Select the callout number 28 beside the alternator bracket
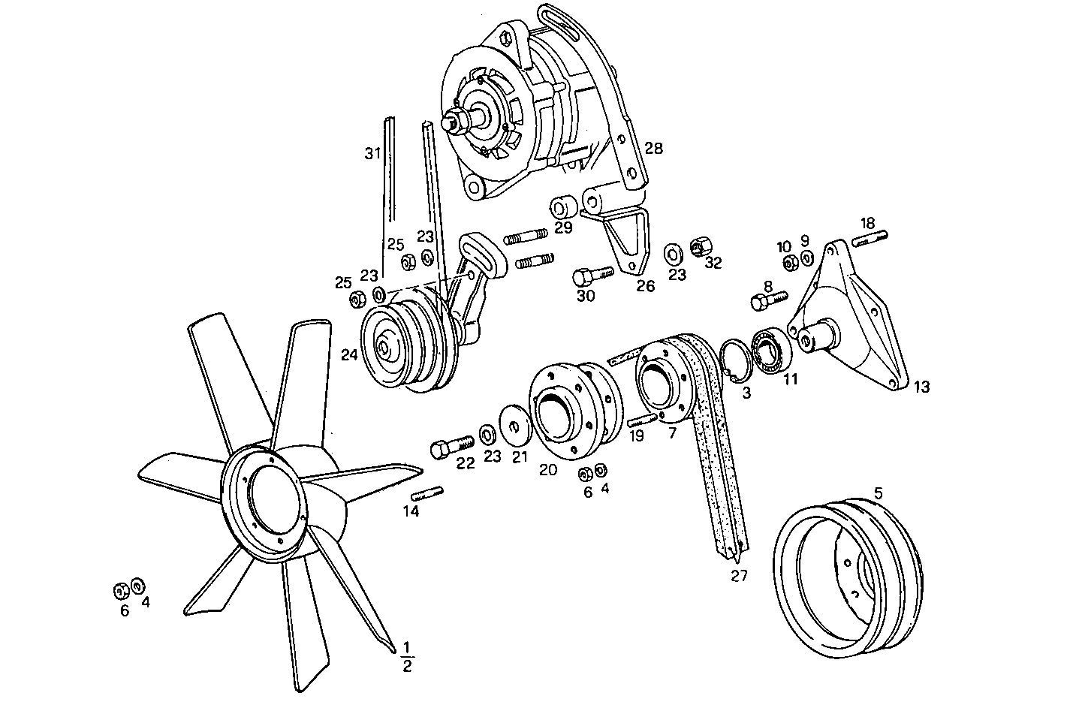653,149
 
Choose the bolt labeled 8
767,301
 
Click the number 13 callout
921,387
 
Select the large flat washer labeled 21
514,426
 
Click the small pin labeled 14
427,493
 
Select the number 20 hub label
548,469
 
